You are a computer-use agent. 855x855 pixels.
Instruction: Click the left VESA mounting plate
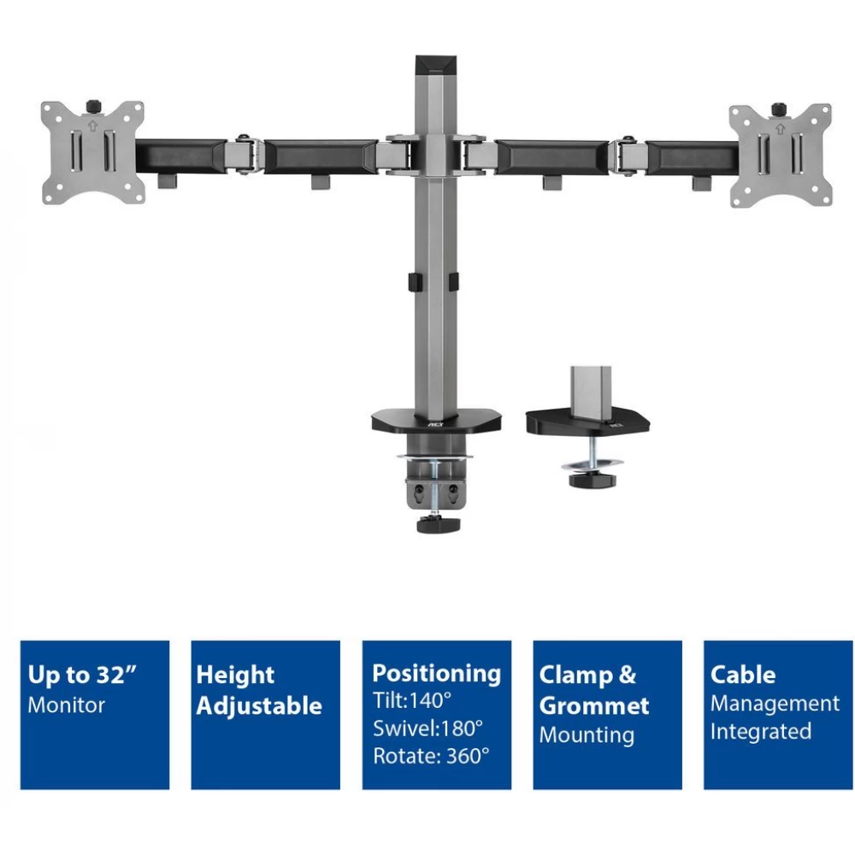93,153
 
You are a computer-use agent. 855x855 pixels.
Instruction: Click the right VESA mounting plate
781,156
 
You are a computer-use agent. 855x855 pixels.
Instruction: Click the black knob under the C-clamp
438,525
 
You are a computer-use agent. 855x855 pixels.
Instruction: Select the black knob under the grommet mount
593,481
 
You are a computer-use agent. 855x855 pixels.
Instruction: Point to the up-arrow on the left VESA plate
92,126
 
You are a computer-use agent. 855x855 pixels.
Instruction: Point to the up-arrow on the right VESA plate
781,129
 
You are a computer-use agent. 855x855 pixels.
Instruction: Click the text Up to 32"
82,675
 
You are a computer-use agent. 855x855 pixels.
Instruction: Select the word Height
235,675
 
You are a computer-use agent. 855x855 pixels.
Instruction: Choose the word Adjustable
259,705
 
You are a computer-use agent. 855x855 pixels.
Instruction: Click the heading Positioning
436,674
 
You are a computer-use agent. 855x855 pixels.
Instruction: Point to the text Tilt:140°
412,701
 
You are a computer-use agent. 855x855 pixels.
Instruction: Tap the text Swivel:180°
428,728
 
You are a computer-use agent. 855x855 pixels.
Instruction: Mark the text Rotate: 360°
431,757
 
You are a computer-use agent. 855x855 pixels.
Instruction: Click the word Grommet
594,706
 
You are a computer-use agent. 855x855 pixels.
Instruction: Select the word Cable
743,675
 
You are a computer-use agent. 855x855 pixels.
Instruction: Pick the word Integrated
761,732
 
